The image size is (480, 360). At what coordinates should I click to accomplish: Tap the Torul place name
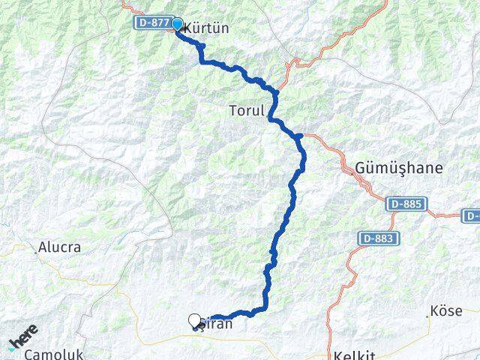(247, 111)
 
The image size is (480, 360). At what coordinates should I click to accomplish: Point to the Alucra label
(60, 246)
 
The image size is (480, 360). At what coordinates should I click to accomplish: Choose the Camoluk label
(53, 354)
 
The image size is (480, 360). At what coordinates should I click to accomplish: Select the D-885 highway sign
(407, 204)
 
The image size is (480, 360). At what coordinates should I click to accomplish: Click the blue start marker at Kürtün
(178, 25)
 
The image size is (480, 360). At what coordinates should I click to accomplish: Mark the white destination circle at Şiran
(195, 321)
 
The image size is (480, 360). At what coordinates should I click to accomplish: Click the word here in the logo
(24, 334)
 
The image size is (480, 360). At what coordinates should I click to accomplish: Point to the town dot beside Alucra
(35, 253)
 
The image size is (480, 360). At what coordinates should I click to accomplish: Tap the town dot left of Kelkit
(329, 355)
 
